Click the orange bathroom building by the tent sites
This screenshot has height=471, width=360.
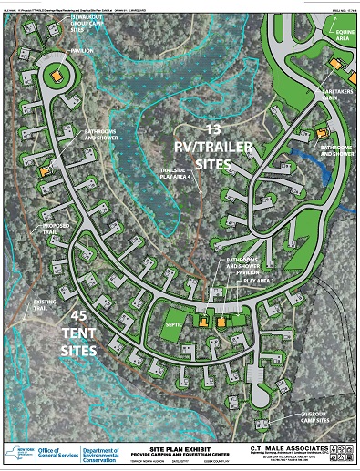coord(42,169)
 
